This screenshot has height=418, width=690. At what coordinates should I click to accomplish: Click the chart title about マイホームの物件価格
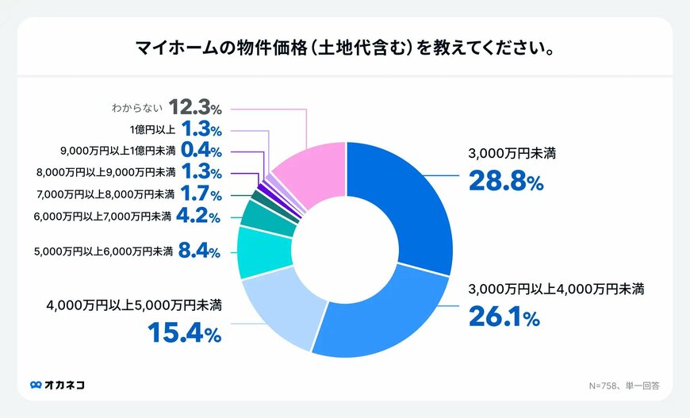click(344, 48)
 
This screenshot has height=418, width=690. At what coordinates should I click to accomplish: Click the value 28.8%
click(505, 181)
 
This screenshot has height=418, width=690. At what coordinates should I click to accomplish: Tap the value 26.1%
click(503, 317)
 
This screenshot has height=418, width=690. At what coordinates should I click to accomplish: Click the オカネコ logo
click(57, 385)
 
